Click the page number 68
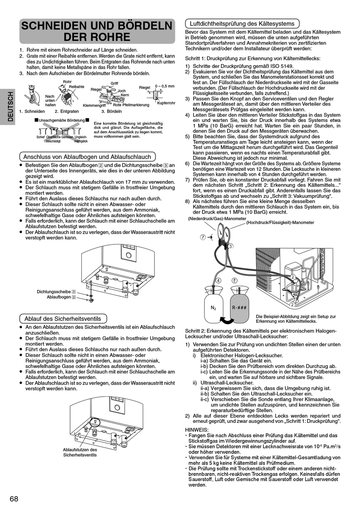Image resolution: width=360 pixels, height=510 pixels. click(14, 499)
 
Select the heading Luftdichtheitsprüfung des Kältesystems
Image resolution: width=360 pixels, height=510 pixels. click(242, 23)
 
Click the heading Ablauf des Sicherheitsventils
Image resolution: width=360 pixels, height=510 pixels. click(63, 319)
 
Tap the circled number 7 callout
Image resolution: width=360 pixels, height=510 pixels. click(203, 237)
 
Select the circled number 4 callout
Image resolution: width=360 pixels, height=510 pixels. click(218, 280)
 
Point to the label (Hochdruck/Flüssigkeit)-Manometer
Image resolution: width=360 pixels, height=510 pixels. click(280, 222)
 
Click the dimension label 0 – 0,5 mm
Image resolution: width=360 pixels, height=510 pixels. click(164, 86)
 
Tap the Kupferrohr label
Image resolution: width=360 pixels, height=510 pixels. click(166, 103)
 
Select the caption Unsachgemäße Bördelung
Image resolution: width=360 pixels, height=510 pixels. click(61, 120)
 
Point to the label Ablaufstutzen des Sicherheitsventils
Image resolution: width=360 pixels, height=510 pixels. click(80, 452)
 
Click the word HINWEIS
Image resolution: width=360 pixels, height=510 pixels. click(196, 429)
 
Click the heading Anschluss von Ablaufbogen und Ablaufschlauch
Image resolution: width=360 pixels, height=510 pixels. click(87, 157)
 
